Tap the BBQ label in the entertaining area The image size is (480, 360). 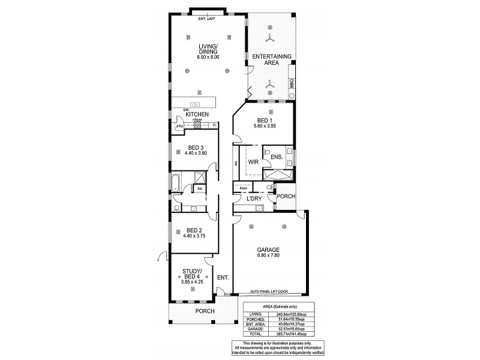292,84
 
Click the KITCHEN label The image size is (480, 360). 196,114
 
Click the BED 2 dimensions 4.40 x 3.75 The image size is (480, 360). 193,236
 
